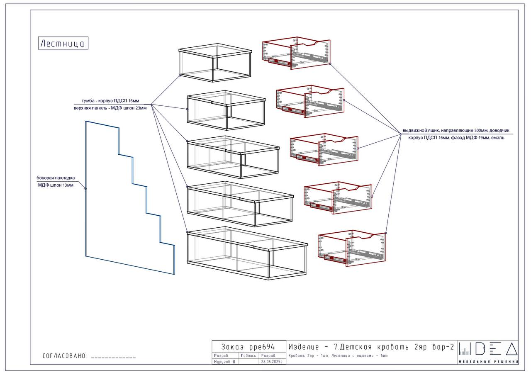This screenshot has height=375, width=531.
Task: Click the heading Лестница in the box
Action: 63,43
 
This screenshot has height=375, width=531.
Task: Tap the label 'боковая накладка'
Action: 56,178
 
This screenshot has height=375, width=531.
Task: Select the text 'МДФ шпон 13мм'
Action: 56,185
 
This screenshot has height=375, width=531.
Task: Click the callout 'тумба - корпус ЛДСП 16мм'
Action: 110,100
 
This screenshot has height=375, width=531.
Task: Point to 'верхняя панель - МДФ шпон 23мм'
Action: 107,108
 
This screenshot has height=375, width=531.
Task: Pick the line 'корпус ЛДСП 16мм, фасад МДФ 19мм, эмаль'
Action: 456,138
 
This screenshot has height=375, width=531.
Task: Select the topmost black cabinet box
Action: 215,63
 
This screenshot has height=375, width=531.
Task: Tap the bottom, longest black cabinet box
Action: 247,253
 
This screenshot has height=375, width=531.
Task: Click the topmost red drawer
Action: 297,54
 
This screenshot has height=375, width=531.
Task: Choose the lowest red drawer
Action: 352,248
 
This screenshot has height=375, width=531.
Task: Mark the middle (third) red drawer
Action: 324,150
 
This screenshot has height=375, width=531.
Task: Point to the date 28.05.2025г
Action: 272,362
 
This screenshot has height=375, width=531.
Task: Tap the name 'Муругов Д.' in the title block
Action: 224,362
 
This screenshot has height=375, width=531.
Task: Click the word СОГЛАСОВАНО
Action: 64,356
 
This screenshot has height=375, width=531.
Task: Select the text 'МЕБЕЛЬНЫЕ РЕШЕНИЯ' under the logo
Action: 488,362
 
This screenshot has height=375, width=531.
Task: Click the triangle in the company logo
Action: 511,350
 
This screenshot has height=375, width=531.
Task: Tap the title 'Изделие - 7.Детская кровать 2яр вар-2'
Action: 371,347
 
